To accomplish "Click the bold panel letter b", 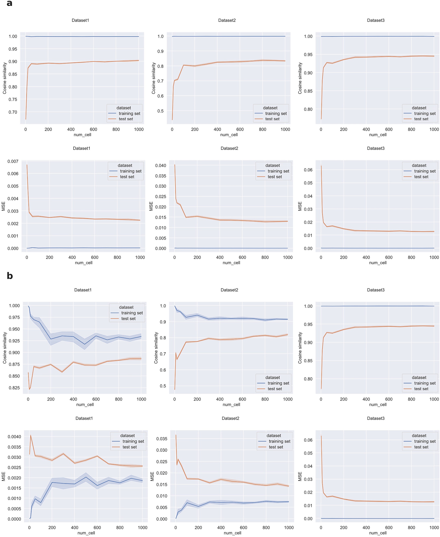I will (10, 276).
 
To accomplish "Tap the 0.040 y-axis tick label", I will (160, 165).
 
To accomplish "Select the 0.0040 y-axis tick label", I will (14, 437).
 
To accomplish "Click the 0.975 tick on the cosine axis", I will (14, 317).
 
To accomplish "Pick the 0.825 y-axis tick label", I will (14, 388).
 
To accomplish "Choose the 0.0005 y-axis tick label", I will (14, 509).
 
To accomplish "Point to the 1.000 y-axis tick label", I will (14, 306).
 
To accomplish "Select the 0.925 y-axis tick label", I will (14, 341).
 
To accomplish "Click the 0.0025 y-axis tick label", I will (14, 467).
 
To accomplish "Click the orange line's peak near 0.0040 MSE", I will (31, 435).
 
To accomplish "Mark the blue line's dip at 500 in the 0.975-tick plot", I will (85, 344).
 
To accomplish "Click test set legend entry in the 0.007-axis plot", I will (127, 177).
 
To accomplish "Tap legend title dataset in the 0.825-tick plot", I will (126, 307).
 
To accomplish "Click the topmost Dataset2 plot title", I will (227, 20).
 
